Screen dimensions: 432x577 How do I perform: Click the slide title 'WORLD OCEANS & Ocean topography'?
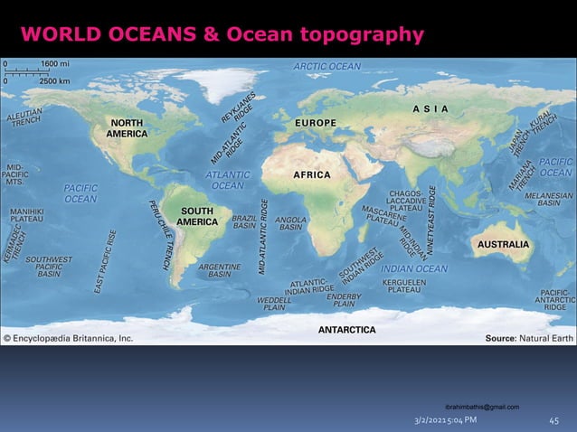[222, 35]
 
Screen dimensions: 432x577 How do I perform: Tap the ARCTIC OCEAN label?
[326, 66]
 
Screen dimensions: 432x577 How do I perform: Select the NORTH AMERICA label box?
[127, 128]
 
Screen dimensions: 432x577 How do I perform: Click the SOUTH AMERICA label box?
[195, 217]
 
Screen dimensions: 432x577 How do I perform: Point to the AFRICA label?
[312, 174]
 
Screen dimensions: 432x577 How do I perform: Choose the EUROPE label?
[316, 122]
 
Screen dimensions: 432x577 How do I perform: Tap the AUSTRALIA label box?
[503, 244]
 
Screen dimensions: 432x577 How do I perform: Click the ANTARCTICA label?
[346, 330]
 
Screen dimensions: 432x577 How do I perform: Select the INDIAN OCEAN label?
[413, 268]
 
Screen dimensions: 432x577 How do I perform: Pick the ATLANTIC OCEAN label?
[226, 180]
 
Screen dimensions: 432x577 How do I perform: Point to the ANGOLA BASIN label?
[290, 223]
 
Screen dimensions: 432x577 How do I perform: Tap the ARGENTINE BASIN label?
[219, 270]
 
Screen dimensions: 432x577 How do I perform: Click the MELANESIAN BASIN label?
[549, 199]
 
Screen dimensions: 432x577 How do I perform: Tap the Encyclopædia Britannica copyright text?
[69, 338]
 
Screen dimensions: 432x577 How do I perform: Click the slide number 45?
[554, 420]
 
